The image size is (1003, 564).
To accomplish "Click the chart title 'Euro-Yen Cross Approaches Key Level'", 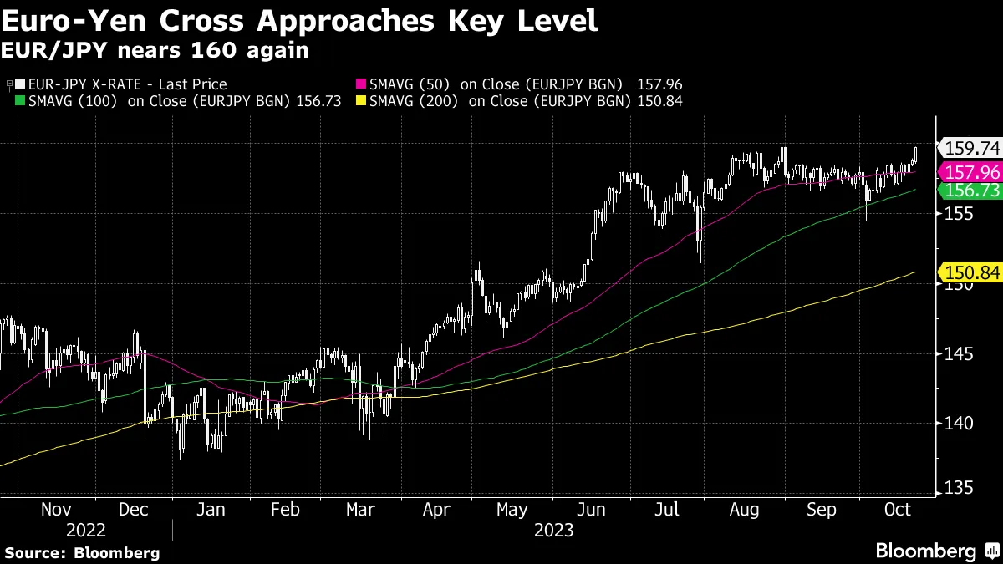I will point(300,20).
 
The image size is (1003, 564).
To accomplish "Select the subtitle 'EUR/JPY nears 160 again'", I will point(155,51).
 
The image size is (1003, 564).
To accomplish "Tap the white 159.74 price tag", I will point(972,149).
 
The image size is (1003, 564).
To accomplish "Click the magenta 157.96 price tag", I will point(972,172).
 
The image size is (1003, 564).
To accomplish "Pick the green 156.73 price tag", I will point(972,191).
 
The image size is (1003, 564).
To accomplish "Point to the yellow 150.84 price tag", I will point(972,272).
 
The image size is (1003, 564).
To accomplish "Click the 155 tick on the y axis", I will point(955,214).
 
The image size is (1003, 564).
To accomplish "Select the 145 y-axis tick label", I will point(955,353).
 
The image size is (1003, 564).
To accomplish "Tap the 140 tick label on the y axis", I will point(955,423).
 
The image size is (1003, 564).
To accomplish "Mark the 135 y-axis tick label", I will point(955,487).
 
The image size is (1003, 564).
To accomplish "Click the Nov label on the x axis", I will point(56,510).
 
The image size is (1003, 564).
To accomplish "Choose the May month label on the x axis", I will point(512,510).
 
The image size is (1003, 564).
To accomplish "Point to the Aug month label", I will point(744,510).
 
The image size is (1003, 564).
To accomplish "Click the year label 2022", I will point(86,531).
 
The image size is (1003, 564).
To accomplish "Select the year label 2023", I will point(552,531).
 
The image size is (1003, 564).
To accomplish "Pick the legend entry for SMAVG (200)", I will point(536,101).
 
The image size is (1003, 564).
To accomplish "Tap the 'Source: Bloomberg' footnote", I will point(82,552).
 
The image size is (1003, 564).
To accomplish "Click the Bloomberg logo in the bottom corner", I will point(936,551).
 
